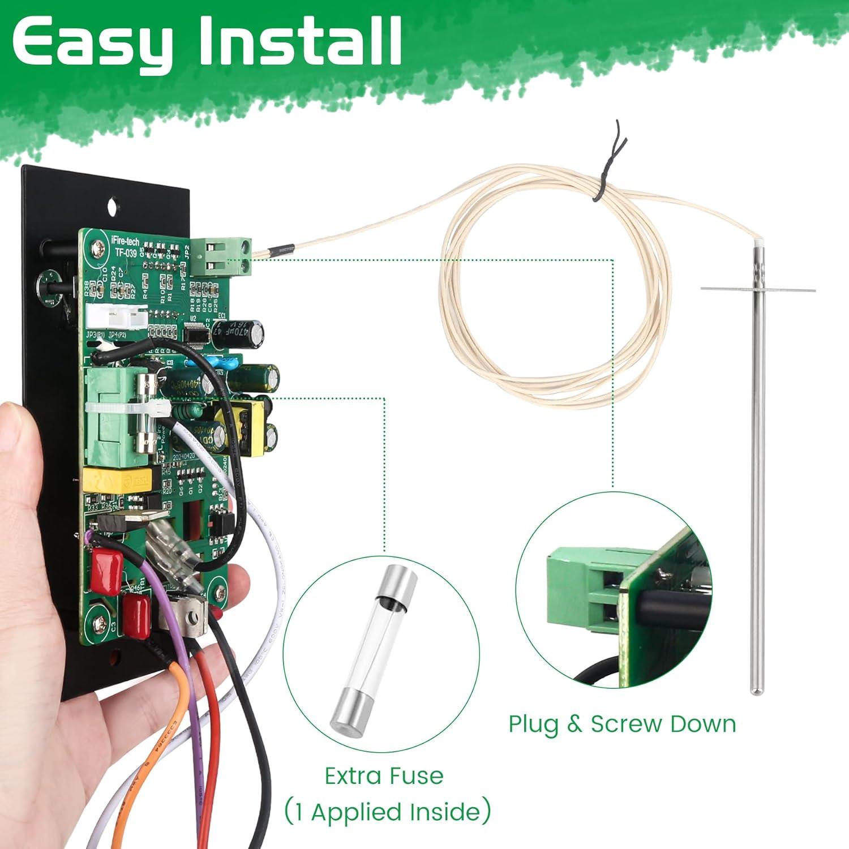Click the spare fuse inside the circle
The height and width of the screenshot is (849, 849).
point(374,645)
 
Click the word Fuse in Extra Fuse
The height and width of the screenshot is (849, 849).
point(417,775)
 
